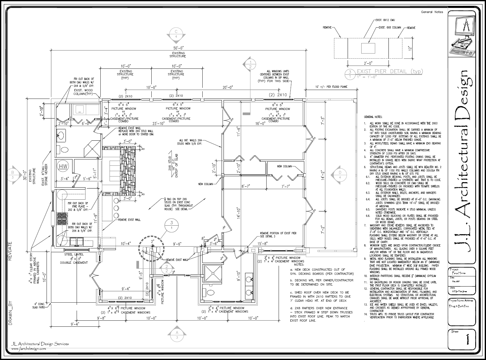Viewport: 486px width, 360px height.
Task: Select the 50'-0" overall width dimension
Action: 178,47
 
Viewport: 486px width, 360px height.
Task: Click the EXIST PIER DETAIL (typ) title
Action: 389,71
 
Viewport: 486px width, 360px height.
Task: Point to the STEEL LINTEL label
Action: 74,254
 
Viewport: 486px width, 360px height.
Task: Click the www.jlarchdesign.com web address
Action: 29,349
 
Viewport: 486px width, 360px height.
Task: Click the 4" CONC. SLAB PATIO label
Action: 41,305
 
